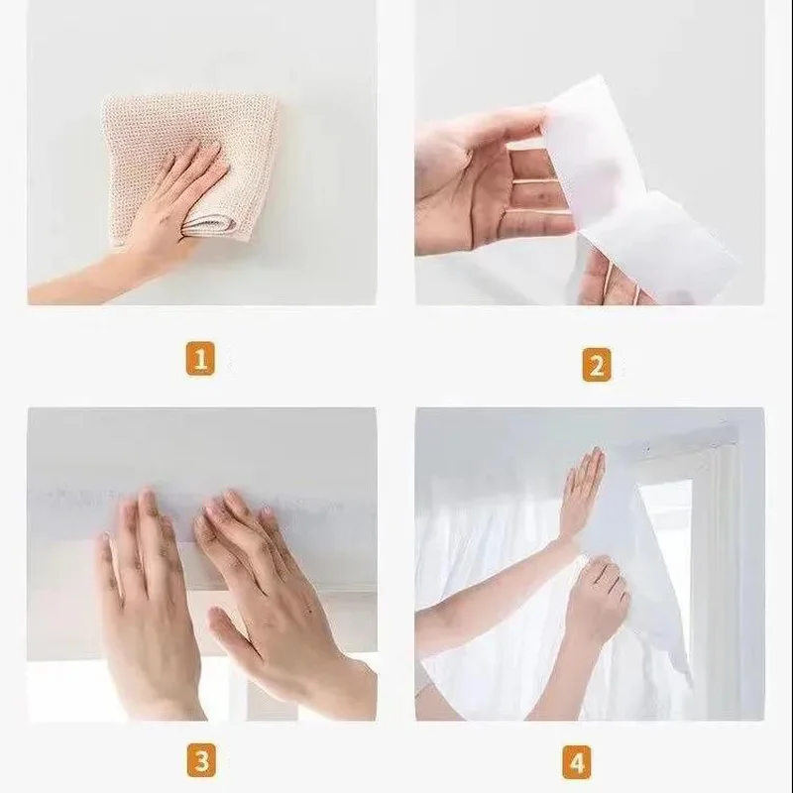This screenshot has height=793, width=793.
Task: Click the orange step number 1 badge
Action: [x=200, y=359]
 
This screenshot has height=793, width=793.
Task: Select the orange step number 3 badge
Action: [x=200, y=762]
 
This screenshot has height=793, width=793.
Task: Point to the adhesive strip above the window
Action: [x=198, y=501]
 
